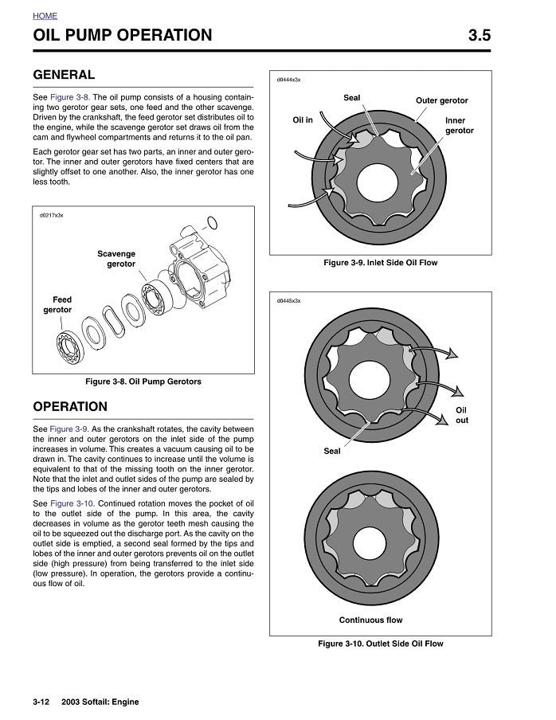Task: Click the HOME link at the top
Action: click(x=45, y=16)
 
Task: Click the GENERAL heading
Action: click(x=64, y=75)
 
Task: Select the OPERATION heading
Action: click(x=70, y=407)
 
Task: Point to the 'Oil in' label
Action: click(x=303, y=120)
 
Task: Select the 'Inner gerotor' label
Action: click(x=459, y=126)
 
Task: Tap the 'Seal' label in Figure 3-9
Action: click(x=351, y=98)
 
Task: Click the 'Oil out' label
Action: click(x=461, y=415)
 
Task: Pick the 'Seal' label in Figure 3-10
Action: click(x=332, y=452)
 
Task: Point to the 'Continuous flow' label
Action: click(x=370, y=620)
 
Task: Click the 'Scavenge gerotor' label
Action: click(x=116, y=259)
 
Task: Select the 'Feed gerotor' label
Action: click(x=57, y=305)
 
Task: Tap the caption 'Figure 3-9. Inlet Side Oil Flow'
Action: click(x=380, y=263)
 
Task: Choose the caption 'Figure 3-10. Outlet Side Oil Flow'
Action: click(x=380, y=644)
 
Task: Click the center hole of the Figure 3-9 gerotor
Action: click(x=377, y=180)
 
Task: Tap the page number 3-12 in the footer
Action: click(x=41, y=702)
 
